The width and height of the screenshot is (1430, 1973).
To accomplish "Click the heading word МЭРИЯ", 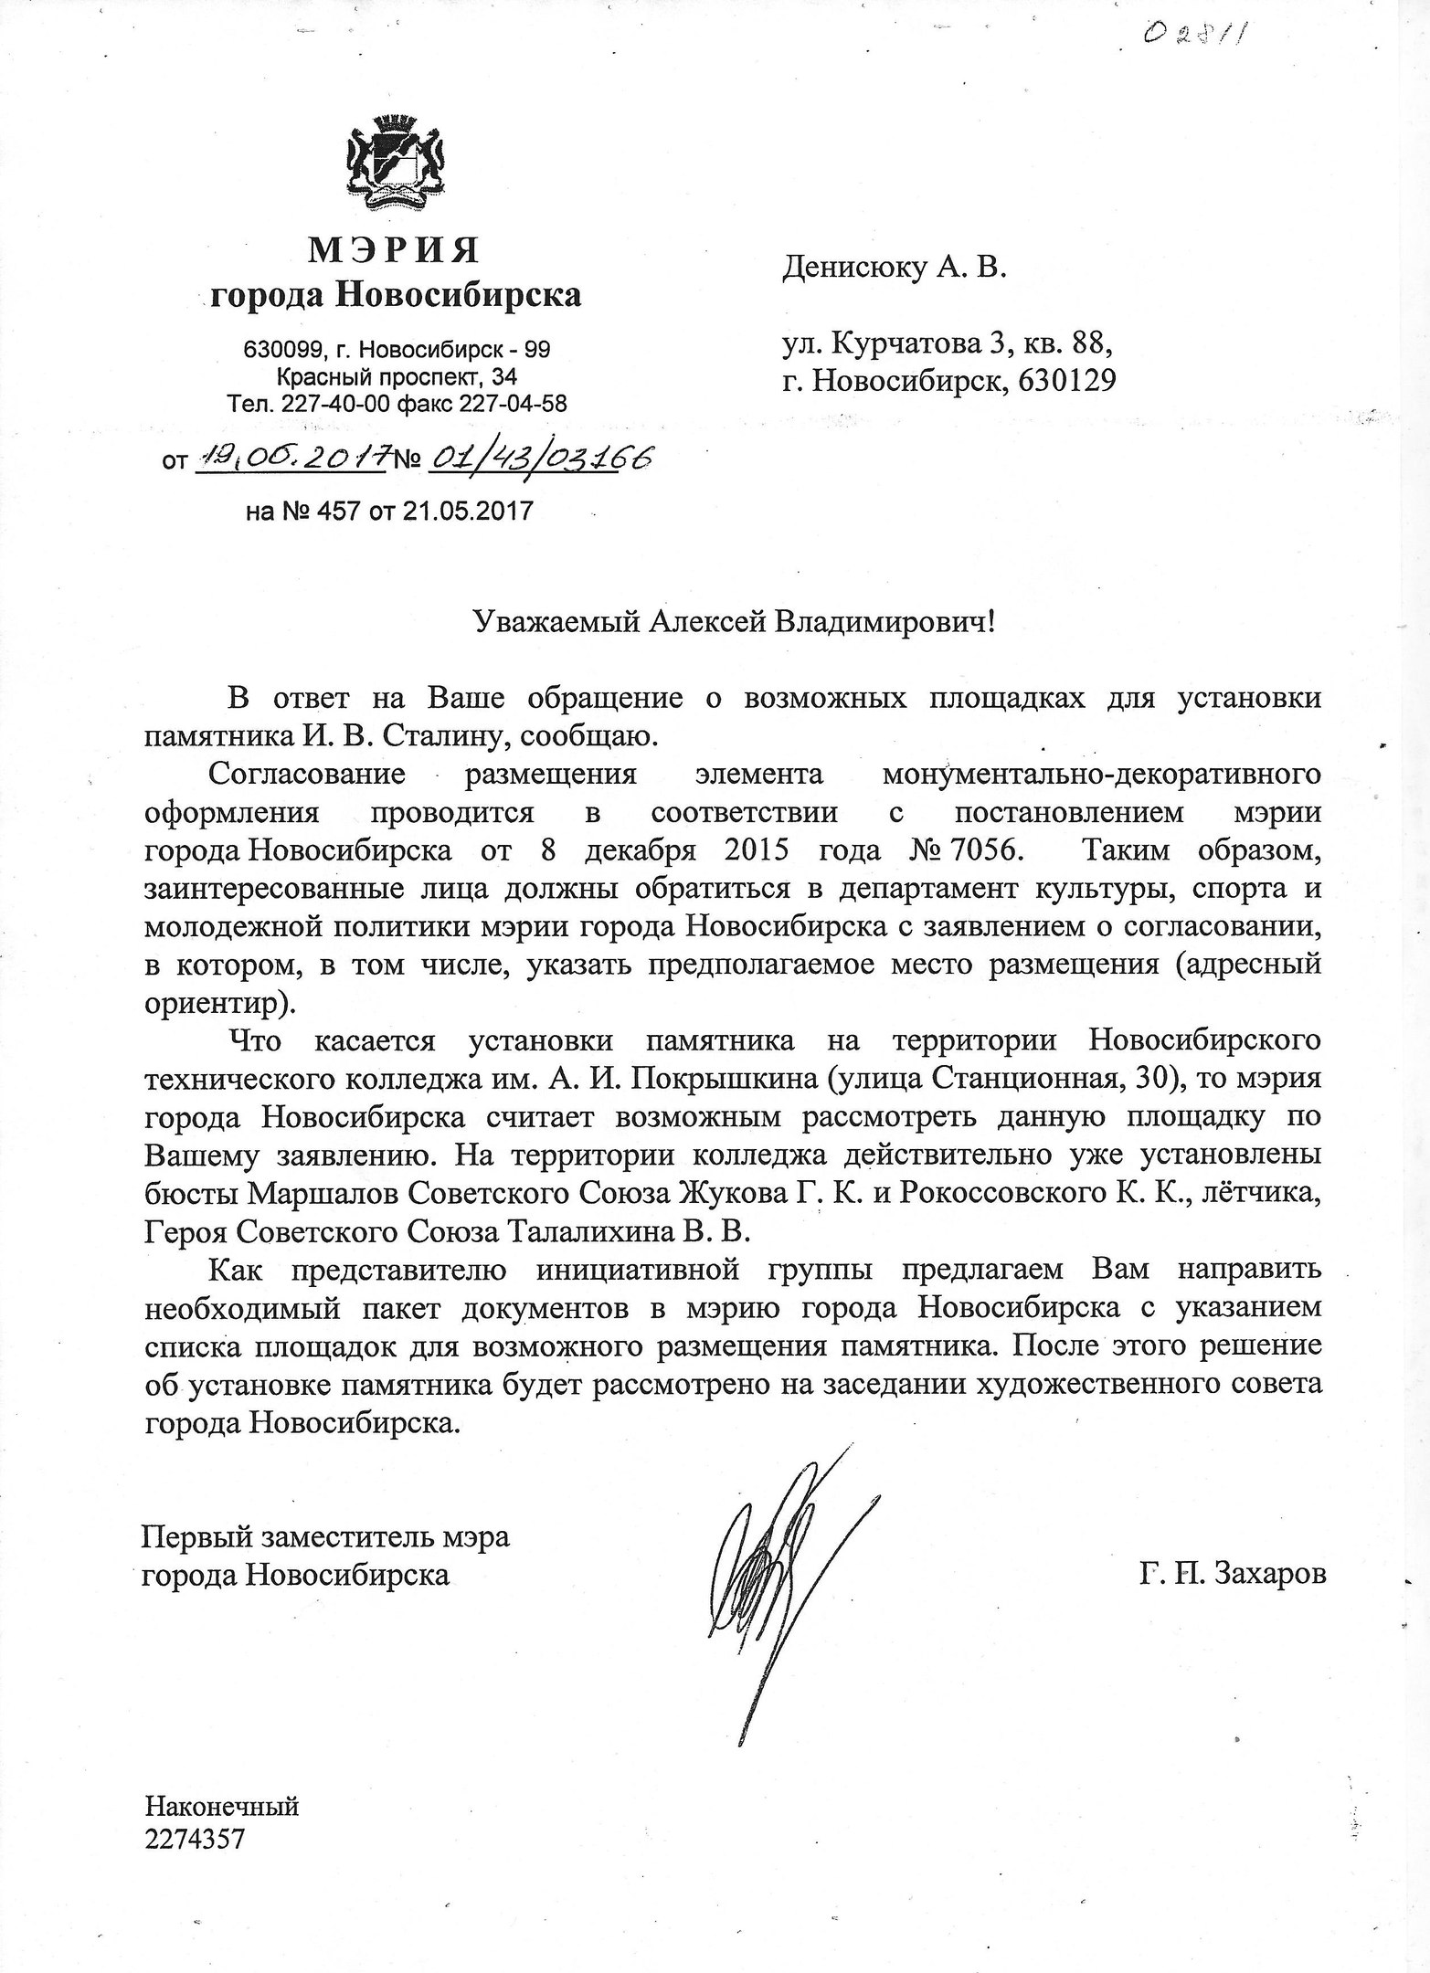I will [x=396, y=249].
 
